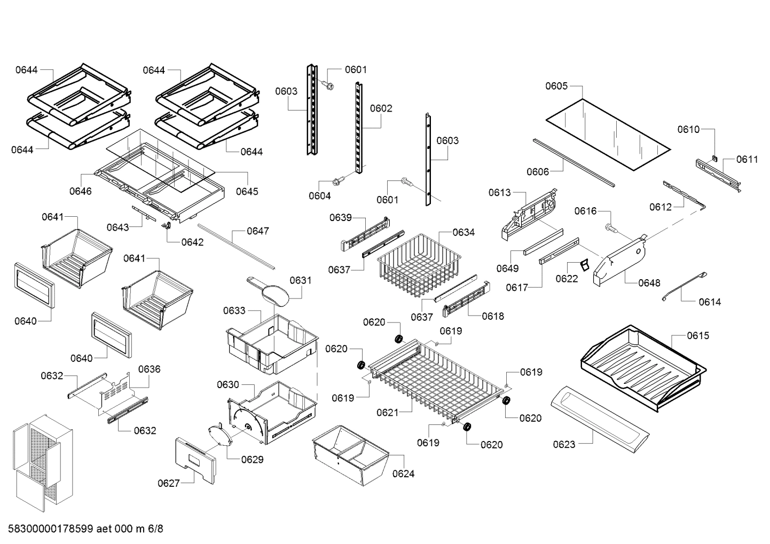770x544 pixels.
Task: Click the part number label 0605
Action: [556, 86]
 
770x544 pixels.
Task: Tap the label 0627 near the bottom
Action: [168, 484]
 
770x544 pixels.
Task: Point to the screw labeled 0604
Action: [337, 182]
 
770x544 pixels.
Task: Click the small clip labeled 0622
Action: [584, 265]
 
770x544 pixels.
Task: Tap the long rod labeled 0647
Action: [235, 246]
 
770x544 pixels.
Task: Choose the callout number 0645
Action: [247, 191]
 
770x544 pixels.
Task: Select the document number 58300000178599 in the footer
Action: [51, 529]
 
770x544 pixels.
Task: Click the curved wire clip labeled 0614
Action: [683, 287]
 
